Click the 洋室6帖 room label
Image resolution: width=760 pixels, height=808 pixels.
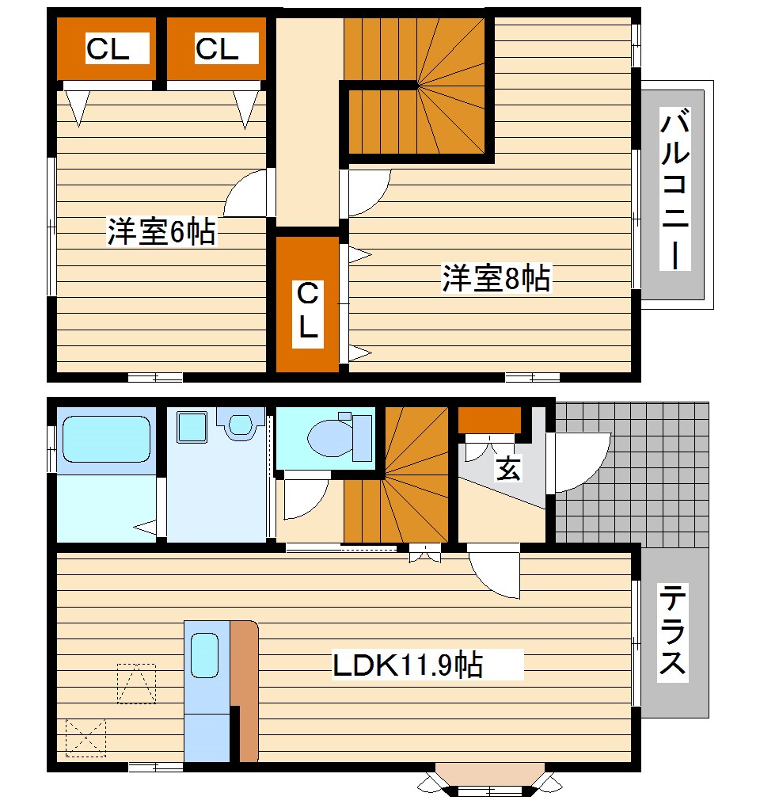click(161, 231)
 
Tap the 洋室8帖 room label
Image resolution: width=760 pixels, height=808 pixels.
click(496, 279)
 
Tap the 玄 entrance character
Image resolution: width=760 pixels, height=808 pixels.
click(508, 469)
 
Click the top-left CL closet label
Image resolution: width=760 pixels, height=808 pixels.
click(108, 49)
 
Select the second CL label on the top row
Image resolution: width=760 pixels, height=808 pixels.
click(217, 49)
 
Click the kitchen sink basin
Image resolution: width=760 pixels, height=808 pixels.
click(204, 654)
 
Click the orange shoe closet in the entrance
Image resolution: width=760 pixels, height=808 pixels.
click(490, 419)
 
